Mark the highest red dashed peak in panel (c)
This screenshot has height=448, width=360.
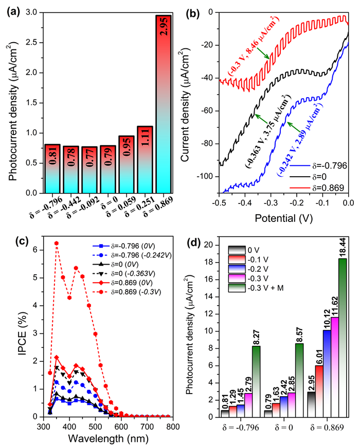click(57, 243)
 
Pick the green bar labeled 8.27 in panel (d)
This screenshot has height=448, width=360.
click(256, 381)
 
